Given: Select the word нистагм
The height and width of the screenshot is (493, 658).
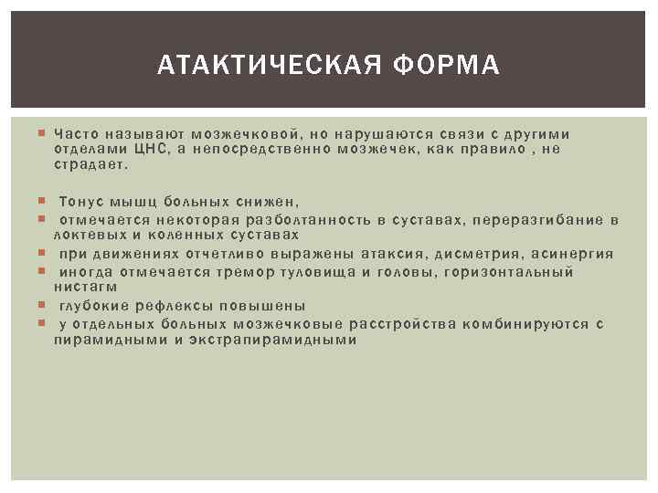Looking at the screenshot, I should (86, 287).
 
